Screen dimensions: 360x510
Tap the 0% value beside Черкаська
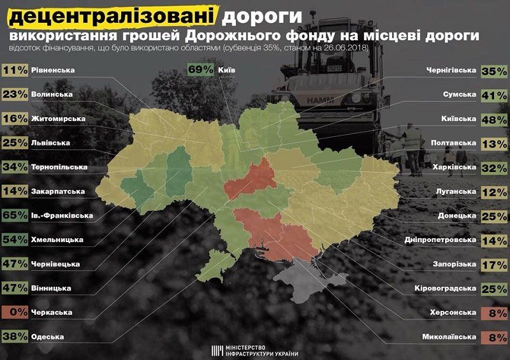pos(15,312)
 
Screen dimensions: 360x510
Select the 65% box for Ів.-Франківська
pos(15,215)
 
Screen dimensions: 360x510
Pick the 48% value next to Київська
pos(494,119)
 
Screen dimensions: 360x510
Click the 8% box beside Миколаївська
pos(494,336)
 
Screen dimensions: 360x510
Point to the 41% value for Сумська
pos(494,95)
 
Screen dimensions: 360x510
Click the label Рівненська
pos(52,70)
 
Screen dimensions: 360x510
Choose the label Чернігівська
pos(449,71)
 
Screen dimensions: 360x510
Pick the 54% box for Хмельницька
pos(15,240)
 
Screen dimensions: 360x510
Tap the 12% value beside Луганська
pos(494,191)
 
